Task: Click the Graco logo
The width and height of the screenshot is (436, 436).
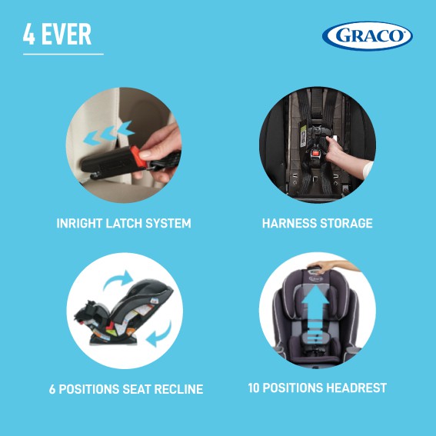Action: point(367,36)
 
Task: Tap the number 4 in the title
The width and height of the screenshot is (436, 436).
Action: point(29,34)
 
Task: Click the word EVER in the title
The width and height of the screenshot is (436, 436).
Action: point(66,34)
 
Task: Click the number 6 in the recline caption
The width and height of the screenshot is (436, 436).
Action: point(52,389)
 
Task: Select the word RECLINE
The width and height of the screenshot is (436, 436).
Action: point(179,389)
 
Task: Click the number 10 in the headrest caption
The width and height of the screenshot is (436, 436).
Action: point(254,388)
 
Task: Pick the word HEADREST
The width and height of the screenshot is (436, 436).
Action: point(357,388)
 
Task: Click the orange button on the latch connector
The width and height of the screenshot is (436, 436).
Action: point(139,157)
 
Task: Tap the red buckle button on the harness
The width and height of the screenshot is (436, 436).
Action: point(315,153)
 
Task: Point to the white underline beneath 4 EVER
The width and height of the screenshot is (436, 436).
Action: point(63,55)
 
